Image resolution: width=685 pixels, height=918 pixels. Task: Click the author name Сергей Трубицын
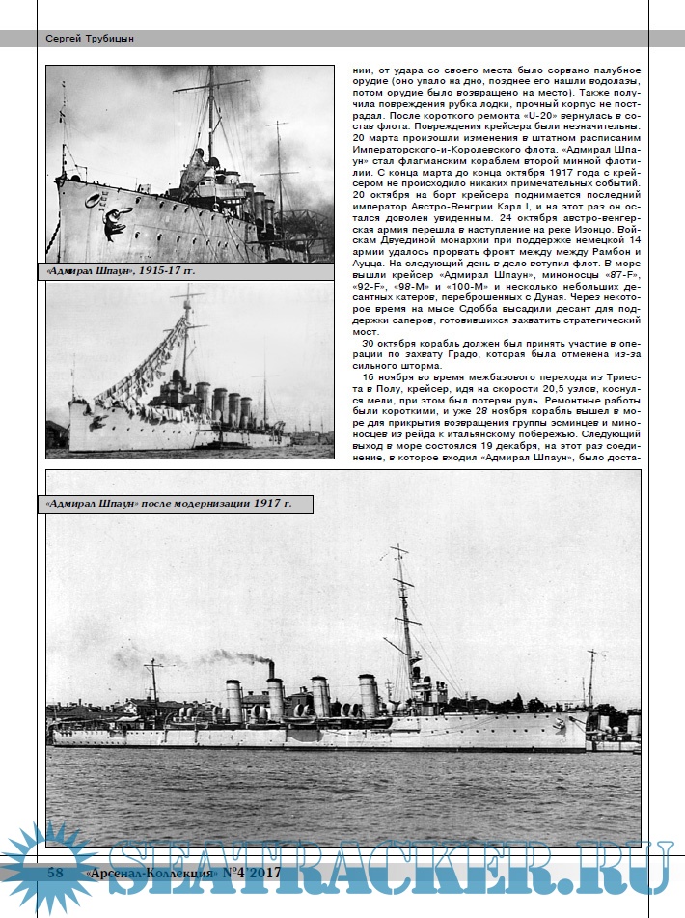tap(90, 39)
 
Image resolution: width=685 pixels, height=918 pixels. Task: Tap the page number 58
tap(57, 874)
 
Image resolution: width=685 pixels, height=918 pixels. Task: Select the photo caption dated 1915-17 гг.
tap(122, 271)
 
